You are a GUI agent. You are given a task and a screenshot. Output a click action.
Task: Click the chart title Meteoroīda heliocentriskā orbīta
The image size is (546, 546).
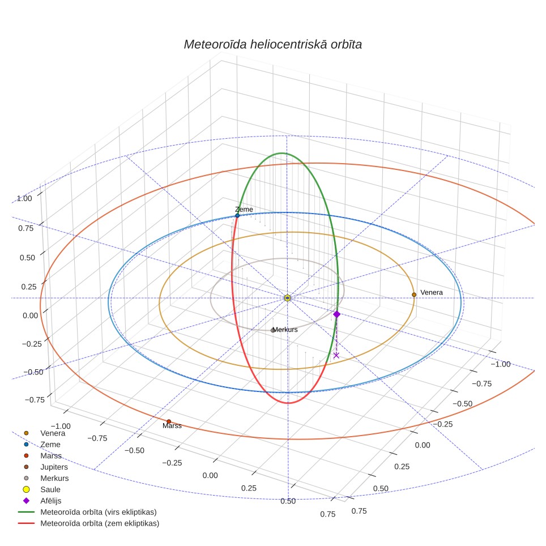pos(272,45)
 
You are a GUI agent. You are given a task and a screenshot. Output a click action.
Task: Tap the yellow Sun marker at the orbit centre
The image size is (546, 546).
pos(287,298)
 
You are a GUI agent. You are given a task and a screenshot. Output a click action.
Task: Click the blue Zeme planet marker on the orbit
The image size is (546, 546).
pos(237,216)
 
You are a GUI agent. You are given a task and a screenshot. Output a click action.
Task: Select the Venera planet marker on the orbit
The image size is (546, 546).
pos(414,295)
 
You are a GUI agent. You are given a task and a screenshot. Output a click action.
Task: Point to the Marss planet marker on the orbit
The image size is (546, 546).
pos(169,421)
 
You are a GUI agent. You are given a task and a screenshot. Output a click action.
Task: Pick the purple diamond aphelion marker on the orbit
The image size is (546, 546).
pos(337,314)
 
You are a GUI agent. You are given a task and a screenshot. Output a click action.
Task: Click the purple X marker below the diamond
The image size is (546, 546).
pos(336,355)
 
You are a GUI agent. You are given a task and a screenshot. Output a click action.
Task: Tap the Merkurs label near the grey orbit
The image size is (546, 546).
pos(285,330)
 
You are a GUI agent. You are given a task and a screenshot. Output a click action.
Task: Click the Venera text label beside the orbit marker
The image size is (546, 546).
pos(432,292)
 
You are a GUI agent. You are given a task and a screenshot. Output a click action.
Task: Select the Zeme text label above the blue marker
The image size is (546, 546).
pos(244,209)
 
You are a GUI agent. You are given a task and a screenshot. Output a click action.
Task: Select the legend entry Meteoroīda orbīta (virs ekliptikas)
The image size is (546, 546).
pos(87,512)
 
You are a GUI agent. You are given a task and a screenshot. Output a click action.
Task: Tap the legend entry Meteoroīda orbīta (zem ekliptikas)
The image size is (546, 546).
pos(89,523)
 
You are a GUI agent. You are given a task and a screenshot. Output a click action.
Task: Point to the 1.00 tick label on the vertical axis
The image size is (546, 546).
pos(24,198)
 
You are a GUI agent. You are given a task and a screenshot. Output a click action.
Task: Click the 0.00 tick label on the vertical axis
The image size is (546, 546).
pos(31,315)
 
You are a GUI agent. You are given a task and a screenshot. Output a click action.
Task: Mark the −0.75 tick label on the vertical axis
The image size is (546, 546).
pos(35,400)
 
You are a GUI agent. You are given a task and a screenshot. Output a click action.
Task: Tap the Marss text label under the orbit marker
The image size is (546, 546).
pos(172,425)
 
